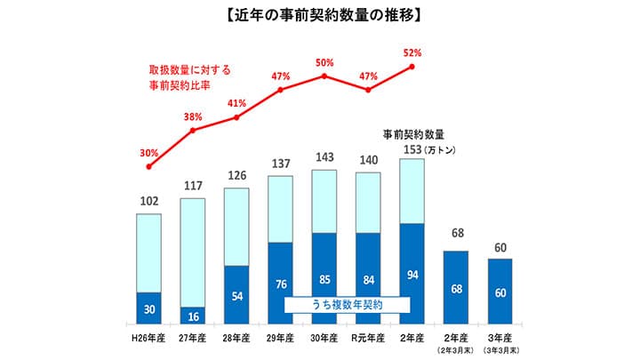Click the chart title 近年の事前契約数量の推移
[x=320, y=15]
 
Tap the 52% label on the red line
[x=412, y=52]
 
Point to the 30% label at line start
[x=148, y=153]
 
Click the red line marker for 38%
[x=193, y=131]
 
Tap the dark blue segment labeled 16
[x=193, y=315]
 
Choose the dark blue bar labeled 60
[x=501, y=292]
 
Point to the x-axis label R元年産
[x=368, y=339]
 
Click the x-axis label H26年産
[x=148, y=339]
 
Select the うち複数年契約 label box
[x=347, y=304]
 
